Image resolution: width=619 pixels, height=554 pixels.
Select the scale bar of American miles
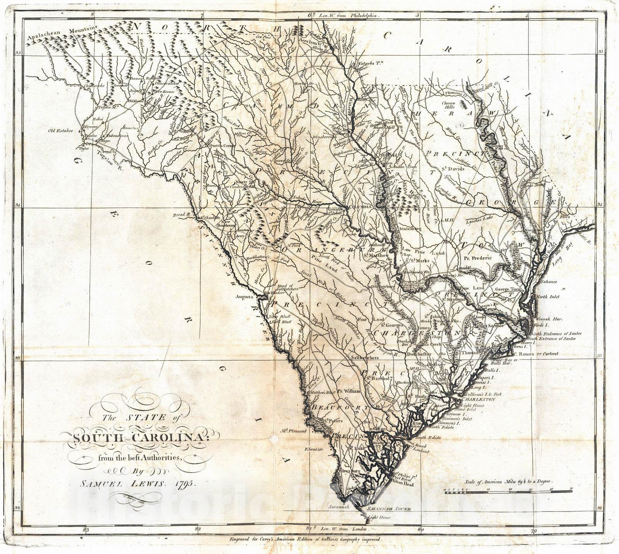coord(507,490)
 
